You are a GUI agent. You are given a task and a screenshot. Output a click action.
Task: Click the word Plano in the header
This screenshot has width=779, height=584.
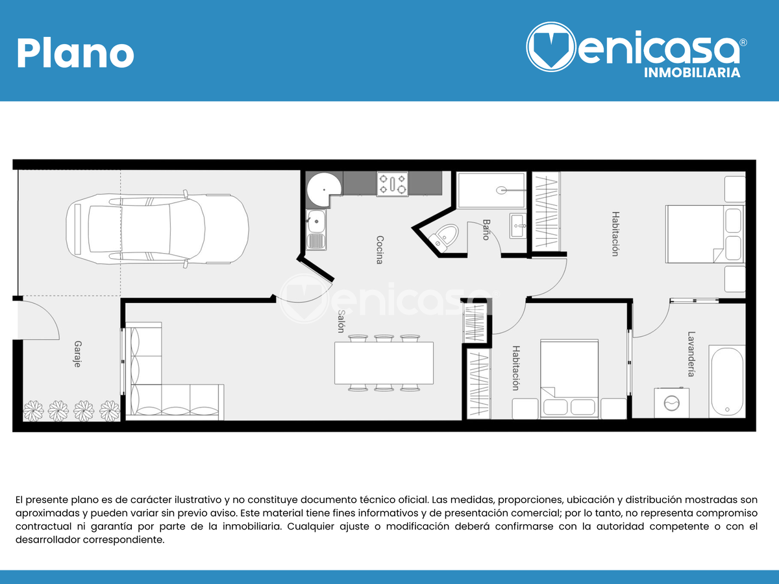coord(75,53)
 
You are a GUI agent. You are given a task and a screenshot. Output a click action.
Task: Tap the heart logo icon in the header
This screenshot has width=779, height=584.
coord(550,47)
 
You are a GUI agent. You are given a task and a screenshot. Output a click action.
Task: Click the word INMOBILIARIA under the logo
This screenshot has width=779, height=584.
coord(692,73)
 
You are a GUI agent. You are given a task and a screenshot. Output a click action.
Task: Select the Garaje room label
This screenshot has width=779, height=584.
coord(78,354)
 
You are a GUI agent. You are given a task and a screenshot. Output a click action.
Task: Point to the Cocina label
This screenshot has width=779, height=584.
coord(379,250)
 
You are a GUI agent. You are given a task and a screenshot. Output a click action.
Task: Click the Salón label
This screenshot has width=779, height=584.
coord(341,321)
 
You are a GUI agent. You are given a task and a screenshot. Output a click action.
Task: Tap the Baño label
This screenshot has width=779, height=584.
coord(486,230)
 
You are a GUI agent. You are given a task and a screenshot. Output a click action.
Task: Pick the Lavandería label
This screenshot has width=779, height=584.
coord(691,354)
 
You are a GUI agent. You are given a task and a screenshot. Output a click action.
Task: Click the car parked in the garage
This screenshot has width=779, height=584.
coord(157,229)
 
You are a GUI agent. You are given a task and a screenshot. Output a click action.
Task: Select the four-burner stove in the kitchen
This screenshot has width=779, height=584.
coord(392,184)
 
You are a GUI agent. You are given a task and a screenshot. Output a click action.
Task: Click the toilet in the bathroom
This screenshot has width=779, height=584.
coord(443,237)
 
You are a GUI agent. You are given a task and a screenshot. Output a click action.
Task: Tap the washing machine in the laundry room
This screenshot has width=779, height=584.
coord(671,403)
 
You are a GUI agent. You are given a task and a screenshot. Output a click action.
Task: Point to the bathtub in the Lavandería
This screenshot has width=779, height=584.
coord(727,382)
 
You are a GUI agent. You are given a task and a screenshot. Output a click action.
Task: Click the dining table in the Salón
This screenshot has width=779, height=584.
coord(384,363)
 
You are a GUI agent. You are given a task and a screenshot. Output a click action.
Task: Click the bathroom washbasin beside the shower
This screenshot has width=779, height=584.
coord(518,226)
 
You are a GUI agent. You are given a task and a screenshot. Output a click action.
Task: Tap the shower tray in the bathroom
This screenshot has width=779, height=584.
coord(491,190)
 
